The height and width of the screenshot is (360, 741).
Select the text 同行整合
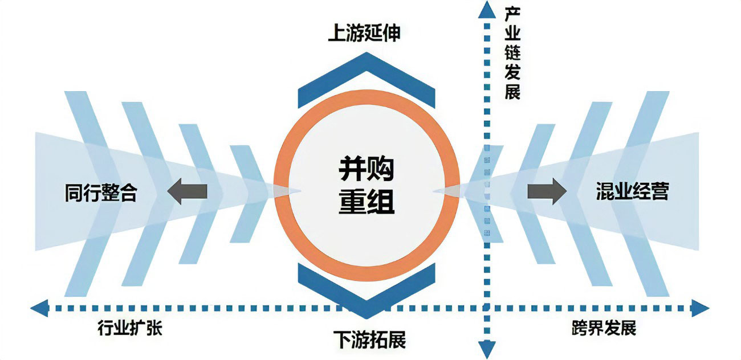point(101,193)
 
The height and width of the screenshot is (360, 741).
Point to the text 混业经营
point(631,191)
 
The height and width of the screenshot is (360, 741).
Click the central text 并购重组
point(367,183)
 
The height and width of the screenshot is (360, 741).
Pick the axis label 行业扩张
point(130,329)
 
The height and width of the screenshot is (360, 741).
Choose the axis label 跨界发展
point(603,329)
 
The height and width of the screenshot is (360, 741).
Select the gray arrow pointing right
point(546,191)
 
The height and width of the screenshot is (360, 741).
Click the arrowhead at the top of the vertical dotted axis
point(486,10)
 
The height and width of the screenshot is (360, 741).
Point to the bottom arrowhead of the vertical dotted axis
point(486,349)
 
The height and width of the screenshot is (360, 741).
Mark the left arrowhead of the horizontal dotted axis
point(39,309)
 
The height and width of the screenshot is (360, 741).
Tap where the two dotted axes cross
point(486,309)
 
